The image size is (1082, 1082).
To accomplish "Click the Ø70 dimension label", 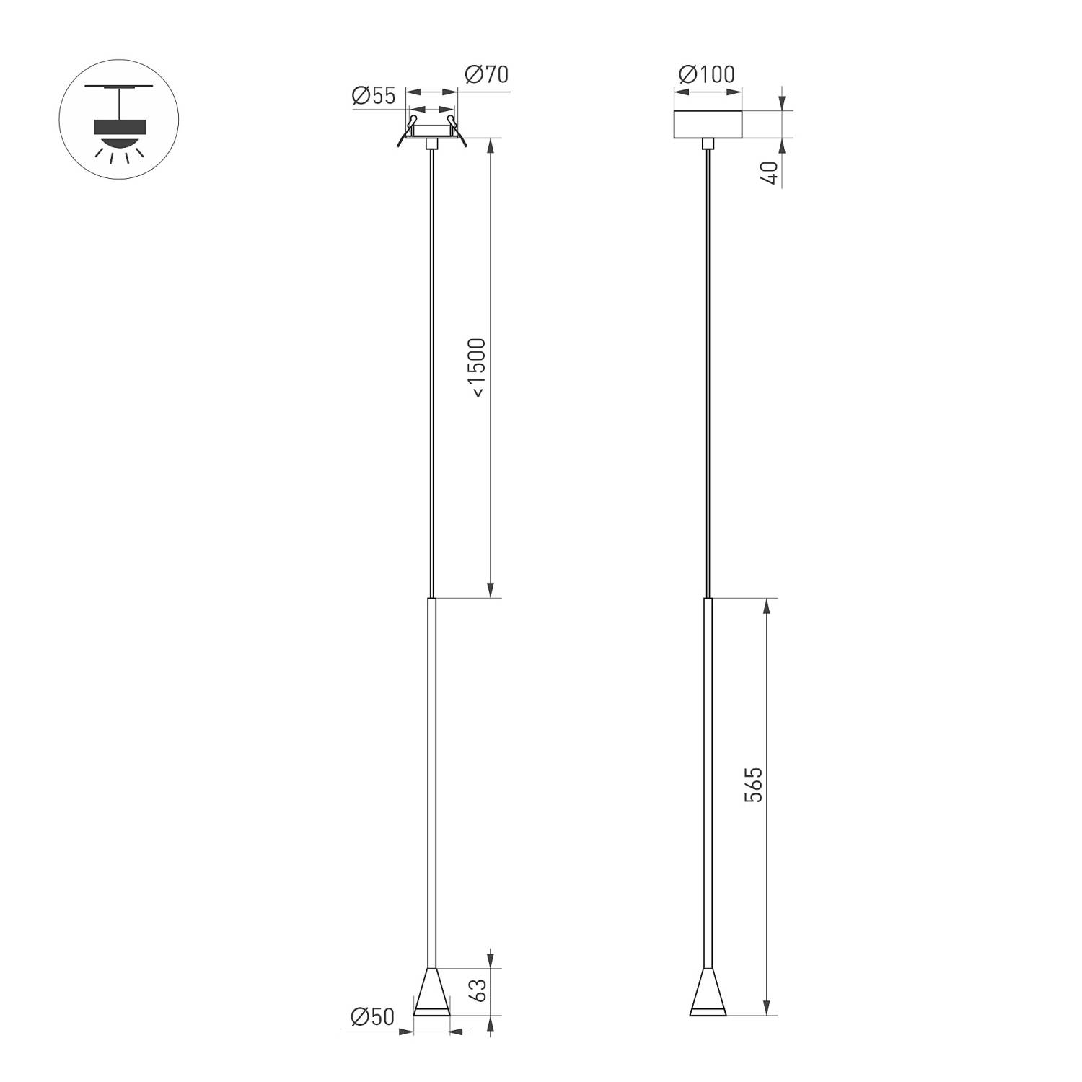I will [487, 74].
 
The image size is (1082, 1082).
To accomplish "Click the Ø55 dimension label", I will [374, 96].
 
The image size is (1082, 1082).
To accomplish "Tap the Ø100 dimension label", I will [707, 74].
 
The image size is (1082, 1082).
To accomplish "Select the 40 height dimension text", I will [770, 173].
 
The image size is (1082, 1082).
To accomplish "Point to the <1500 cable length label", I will [477, 367].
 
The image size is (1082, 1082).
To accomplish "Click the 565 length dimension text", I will [753, 785].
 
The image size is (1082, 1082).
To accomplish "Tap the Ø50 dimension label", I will [372, 1017].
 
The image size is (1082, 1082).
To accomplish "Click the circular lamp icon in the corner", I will [118, 120].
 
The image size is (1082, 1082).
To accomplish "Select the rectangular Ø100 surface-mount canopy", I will [708, 124].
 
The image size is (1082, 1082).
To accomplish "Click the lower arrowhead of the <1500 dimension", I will [491, 590].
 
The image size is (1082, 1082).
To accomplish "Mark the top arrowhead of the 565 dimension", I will [767, 607].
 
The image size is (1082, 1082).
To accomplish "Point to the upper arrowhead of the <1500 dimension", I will [491, 146].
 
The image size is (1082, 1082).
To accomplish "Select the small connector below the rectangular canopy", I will [708, 144].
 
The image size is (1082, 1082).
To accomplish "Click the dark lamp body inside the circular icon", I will [119, 127].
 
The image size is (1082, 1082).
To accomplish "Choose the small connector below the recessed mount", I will [431, 144].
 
